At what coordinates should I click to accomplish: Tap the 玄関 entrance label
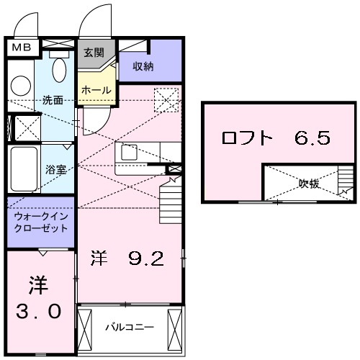94,52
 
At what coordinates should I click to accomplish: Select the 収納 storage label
143,66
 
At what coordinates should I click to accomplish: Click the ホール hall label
96,91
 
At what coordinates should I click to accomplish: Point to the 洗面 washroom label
53,100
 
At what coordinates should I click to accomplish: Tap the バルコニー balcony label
130,327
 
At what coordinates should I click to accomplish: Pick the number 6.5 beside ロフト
312,138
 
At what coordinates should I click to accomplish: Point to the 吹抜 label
309,184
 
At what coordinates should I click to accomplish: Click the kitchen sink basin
130,153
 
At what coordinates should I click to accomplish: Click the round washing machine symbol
19,85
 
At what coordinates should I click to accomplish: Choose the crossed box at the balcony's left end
86,327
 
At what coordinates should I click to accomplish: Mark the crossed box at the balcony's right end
175,327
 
